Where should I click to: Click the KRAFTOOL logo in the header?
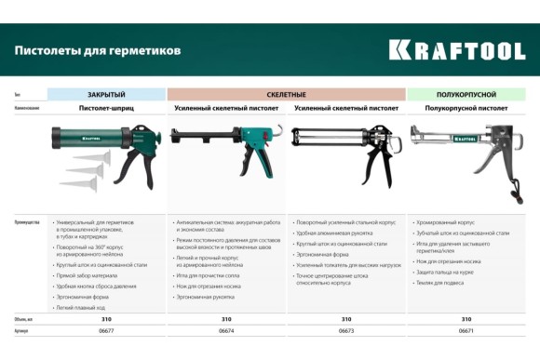click(456, 48)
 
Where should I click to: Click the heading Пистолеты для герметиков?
click(98, 49)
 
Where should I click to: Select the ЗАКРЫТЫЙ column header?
click(106, 95)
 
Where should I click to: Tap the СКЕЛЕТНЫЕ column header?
click(287, 95)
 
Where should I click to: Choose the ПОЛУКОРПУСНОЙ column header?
click(466, 95)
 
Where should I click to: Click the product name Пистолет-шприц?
click(106, 109)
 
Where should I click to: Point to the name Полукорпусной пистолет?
click(466, 109)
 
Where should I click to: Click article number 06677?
click(106, 330)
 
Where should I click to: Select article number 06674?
click(226, 330)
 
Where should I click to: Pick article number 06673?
click(346, 330)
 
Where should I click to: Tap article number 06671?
click(466, 330)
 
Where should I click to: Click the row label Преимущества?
click(27, 222)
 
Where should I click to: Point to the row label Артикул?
click(21, 330)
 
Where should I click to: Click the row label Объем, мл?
click(24, 319)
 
